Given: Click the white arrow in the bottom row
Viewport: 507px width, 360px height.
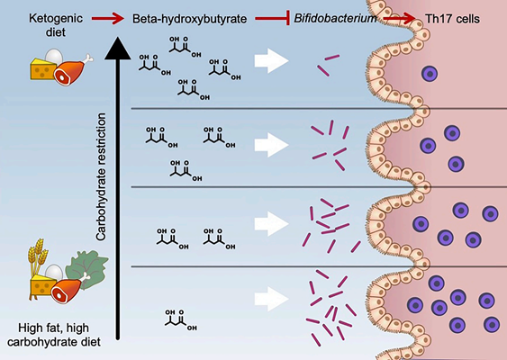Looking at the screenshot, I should pyautogui.click(x=271, y=298).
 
